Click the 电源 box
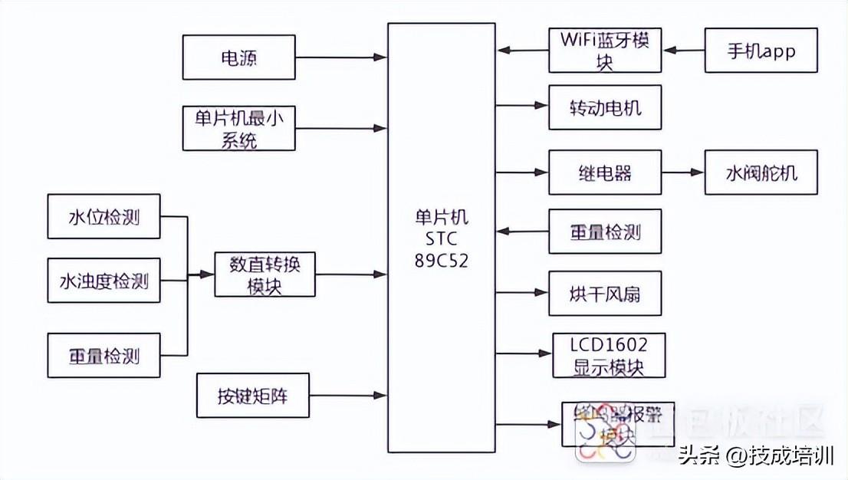(x=238, y=57)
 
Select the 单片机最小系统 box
(x=238, y=128)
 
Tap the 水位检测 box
(x=104, y=215)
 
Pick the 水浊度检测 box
(x=104, y=280)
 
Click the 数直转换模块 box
(x=265, y=275)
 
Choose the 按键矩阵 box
(x=252, y=396)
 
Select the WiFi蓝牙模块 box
(x=605, y=51)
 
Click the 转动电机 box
(x=605, y=107)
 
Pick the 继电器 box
(x=605, y=172)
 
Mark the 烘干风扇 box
(x=605, y=293)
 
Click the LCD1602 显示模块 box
(x=610, y=355)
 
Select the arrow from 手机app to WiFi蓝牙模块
(x=683, y=51)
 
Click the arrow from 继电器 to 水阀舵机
(x=682, y=172)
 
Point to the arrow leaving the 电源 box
(x=340, y=57)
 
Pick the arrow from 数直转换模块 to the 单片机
(x=350, y=274)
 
